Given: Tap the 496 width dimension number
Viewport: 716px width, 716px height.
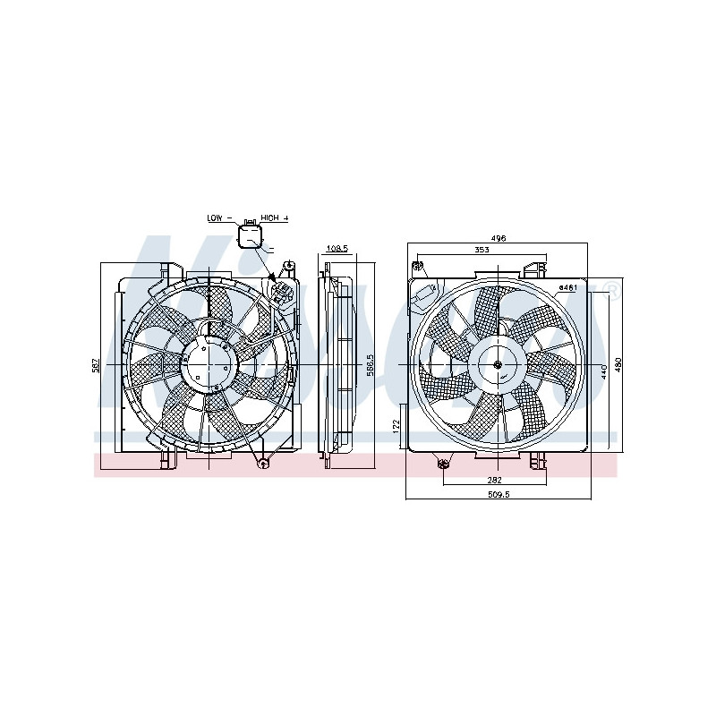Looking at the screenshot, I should point(499,238).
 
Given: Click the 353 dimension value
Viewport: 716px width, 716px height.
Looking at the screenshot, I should point(481,251).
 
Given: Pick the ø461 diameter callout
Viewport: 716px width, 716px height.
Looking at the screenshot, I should point(567,287).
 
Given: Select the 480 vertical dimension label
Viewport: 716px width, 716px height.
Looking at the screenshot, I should point(617,367).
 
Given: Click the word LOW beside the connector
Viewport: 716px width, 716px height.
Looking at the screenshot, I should point(215,218).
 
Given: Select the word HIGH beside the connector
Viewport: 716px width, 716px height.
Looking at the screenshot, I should point(269,218).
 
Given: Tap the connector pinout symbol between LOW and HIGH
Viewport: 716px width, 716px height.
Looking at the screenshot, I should point(250,235).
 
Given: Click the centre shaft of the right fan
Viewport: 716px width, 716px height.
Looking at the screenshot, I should point(497,366).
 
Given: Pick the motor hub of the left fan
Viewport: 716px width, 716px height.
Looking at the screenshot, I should point(209,366).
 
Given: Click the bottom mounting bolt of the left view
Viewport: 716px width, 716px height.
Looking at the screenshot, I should point(261,463).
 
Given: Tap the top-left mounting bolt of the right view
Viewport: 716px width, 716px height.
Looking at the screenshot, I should point(418,266).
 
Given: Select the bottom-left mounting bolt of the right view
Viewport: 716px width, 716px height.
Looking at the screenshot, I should point(443,463).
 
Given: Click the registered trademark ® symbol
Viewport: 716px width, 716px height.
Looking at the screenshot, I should point(611,288).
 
